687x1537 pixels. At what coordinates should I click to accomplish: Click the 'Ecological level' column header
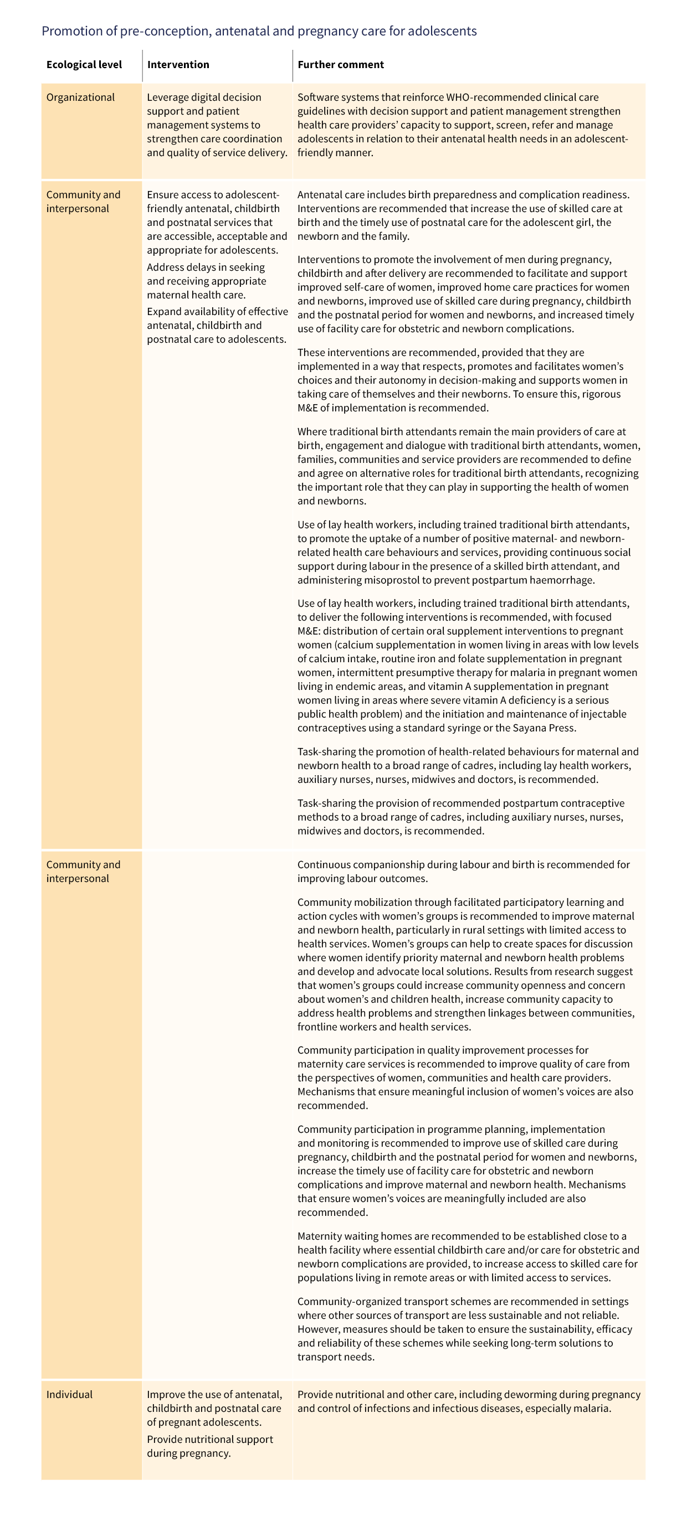pyautogui.click(x=84, y=64)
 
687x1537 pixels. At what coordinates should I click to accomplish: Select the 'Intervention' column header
pyautogui.click(x=178, y=64)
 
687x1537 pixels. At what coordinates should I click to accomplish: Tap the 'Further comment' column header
pyautogui.click(x=340, y=64)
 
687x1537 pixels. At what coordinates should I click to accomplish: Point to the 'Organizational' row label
pyautogui.click(x=80, y=97)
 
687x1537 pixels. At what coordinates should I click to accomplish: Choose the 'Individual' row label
pyautogui.click(x=69, y=1394)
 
